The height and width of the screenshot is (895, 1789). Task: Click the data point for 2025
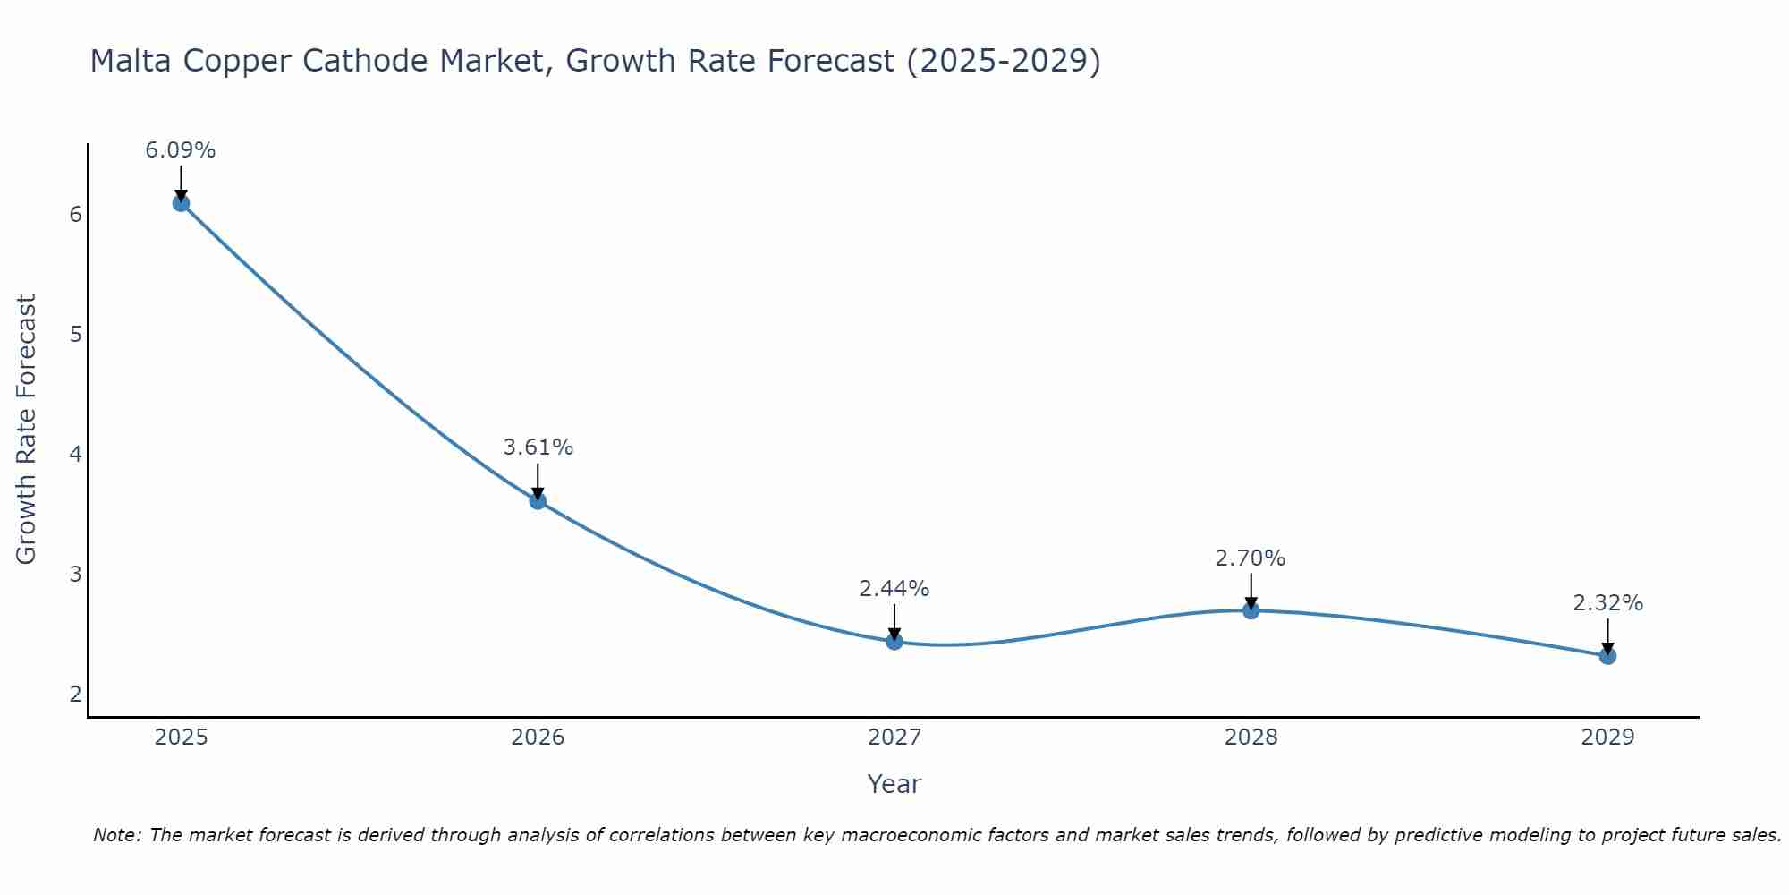click(x=181, y=203)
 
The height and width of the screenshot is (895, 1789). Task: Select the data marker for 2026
click(x=538, y=500)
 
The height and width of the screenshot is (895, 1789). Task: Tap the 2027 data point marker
click(x=894, y=641)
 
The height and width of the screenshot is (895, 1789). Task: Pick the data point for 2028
click(x=1251, y=610)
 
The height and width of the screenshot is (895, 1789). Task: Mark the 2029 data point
click(x=1607, y=656)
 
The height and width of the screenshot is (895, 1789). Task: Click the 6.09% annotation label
click(x=181, y=150)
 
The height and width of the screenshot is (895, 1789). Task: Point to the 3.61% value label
click(x=538, y=447)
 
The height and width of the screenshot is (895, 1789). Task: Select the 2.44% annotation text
click(x=894, y=589)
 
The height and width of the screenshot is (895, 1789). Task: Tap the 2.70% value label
click(x=1251, y=558)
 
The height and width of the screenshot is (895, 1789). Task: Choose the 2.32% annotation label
click(x=1607, y=603)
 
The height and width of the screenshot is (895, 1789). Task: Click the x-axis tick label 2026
click(x=538, y=737)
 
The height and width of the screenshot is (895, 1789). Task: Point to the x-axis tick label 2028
click(x=1251, y=737)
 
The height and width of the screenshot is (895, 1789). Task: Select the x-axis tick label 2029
click(x=1607, y=737)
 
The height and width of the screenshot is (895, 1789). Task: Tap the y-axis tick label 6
click(x=75, y=215)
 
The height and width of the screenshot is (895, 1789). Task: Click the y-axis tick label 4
click(x=75, y=455)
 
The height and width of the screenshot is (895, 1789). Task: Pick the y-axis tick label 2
click(x=75, y=695)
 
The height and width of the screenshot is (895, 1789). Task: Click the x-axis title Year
click(x=894, y=784)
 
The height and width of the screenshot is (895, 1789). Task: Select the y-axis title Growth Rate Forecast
click(x=27, y=430)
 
